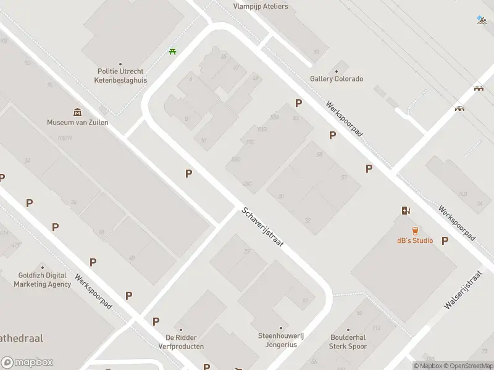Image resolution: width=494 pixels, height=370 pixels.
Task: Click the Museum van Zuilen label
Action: point(78,122)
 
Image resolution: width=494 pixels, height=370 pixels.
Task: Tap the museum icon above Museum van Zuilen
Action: point(78,112)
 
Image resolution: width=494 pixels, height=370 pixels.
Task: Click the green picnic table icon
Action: point(172,51)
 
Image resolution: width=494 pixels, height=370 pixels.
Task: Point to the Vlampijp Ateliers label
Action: point(261,7)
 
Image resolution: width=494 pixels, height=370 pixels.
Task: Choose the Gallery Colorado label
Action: point(337,79)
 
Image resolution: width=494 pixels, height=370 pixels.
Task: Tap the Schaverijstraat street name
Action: point(262,227)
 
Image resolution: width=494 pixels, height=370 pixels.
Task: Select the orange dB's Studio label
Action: point(415,240)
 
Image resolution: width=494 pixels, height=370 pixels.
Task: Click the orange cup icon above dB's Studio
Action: point(415,230)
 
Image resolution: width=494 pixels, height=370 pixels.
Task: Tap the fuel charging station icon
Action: point(405,211)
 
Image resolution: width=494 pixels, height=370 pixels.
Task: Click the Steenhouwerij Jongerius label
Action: point(281,340)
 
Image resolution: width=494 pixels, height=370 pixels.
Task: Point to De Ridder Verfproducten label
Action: point(185,342)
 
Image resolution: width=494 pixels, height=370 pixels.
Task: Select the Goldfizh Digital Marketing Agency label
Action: point(43,280)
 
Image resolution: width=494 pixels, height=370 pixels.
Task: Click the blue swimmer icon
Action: point(482,19)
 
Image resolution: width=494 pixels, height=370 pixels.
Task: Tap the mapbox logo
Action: point(27,363)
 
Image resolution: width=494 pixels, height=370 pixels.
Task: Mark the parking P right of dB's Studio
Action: point(445,241)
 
